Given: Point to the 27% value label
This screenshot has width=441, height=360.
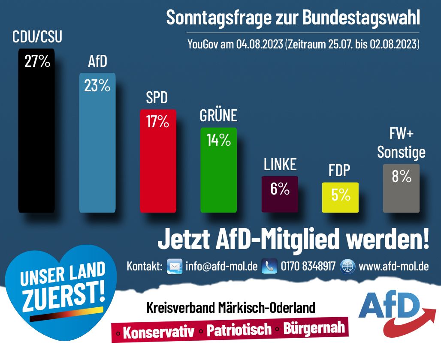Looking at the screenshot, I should pos(37,62).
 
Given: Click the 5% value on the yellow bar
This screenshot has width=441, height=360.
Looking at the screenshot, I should pos(341,195).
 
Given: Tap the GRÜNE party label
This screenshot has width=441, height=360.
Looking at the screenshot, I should pos(218,116).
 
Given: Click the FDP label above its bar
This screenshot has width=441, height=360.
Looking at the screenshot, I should pos(339,171).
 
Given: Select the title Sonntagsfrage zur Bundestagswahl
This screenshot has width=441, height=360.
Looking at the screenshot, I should pos(293,18).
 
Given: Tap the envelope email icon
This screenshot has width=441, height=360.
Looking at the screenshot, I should pos(174,266).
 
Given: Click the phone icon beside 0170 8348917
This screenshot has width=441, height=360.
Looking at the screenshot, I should pos(269,266).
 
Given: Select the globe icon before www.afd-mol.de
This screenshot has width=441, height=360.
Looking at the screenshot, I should pos(347,266).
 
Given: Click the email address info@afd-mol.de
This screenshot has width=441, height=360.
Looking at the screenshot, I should pos(221,266).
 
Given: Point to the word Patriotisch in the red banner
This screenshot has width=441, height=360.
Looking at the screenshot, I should pos(239,330).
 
